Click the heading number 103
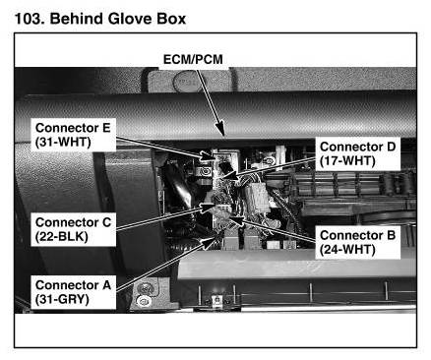point(30,19)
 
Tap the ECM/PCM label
point(193,59)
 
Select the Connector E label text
point(73,128)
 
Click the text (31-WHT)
point(63,142)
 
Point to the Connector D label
point(357,147)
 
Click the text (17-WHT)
point(347,161)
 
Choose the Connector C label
point(73,222)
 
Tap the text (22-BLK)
point(61,237)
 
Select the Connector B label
point(357,235)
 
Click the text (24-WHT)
point(347,250)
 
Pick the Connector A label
point(73,285)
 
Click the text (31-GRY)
point(62,299)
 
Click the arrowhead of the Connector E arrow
point(209,156)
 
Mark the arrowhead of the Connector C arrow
point(209,208)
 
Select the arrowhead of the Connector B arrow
point(237,219)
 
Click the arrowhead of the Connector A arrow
point(209,243)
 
